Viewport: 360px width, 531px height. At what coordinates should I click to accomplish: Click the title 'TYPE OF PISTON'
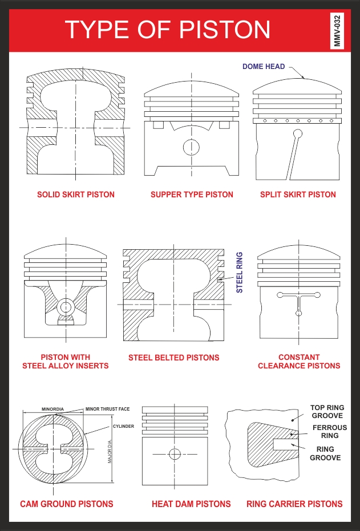pos(167,29)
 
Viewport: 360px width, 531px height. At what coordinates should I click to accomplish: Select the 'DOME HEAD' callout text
pos(263,67)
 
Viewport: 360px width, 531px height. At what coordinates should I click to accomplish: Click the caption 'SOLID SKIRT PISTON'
pos(76,194)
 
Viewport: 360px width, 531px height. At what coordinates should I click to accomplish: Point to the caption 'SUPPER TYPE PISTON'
pos(192,194)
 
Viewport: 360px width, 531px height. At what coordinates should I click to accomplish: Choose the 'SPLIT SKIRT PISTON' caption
pos(298,194)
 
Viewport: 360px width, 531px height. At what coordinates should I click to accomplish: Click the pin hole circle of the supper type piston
pos(191,147)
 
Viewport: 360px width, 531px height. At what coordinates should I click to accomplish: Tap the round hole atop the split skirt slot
pos(297,134)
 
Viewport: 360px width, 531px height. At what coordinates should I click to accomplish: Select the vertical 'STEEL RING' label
pos(240,272)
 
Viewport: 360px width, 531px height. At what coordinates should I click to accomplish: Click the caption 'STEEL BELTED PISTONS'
pos(173,358)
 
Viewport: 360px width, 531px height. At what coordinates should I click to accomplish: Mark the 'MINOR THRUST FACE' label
pos(107,409)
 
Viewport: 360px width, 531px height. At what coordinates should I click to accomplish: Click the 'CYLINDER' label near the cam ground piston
pos(123,426)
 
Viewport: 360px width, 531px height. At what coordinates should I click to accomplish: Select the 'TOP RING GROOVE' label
pos(327,412)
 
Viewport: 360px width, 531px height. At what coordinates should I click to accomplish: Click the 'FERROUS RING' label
pos(329,431)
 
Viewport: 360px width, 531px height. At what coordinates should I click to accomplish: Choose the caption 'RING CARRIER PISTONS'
pos(294,504)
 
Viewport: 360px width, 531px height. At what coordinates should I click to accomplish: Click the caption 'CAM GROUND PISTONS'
pos(67,504)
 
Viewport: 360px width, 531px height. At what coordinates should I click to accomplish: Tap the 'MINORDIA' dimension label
pos(52,409)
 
